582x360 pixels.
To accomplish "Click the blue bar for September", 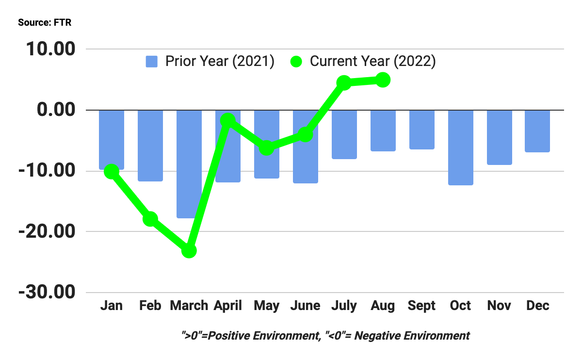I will click(421, 130).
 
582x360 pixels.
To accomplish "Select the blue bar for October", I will click(460, 147).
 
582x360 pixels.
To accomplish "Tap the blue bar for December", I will click(537, 131).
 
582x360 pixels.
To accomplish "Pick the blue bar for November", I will click(499, 137).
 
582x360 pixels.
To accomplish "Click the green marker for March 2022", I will click(189, 250).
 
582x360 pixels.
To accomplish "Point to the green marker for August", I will click(383, 80).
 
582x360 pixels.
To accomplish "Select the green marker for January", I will click(112, 171).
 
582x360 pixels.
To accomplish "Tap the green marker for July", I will click(344, 82).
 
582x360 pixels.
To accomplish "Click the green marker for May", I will click(266, 148).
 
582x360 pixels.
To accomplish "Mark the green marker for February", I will click(150, 219).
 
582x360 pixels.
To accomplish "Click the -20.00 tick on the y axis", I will click(48, 232).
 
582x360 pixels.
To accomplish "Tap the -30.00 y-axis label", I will click(48, 293).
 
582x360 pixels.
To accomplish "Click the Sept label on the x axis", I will click(421, 306).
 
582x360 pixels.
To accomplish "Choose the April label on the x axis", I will click(228, 306).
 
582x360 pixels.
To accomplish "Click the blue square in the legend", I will click(152, 62).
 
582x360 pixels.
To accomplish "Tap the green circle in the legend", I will click(296, 62).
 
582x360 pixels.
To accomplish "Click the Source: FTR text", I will click(45, 23).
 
